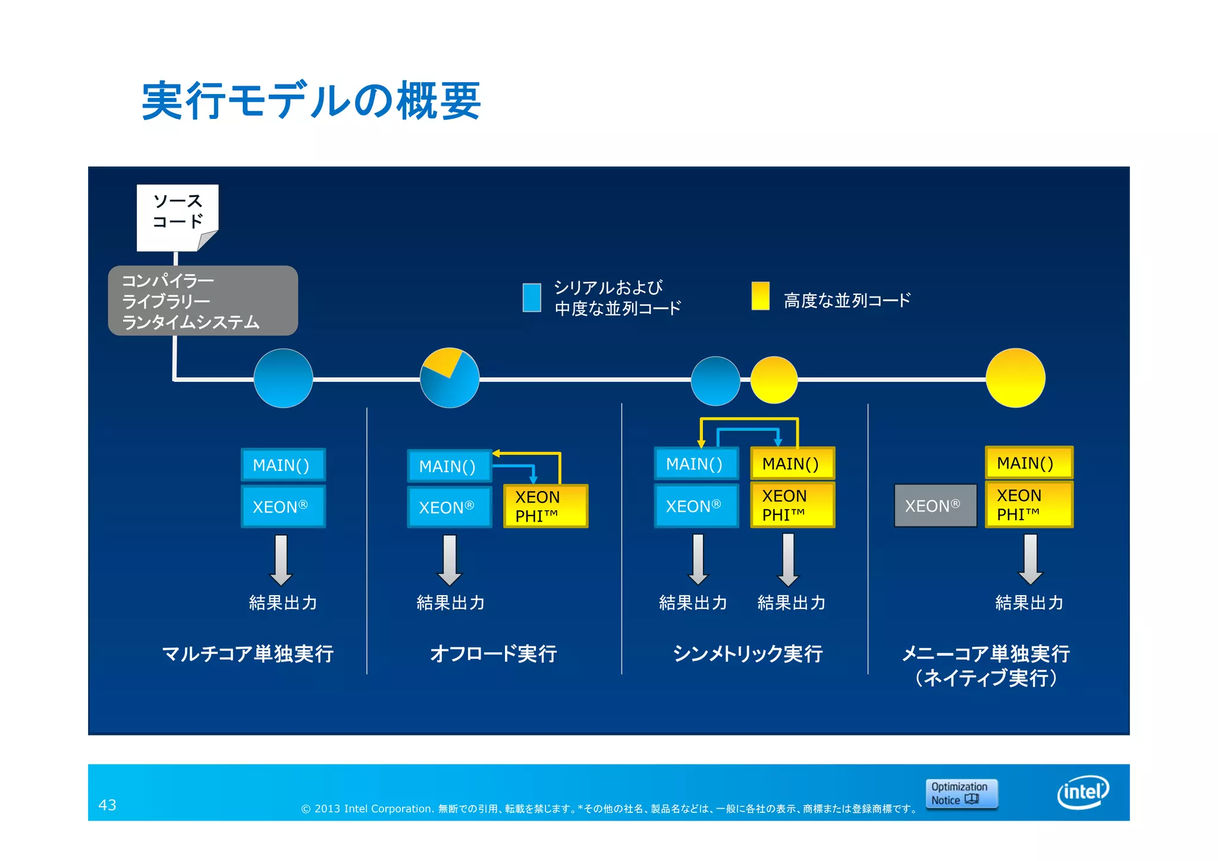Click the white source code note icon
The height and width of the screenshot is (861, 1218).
coord(177,217)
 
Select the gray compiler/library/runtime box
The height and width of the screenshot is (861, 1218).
coord(202,300)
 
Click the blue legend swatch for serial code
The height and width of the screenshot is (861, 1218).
coord(531,297)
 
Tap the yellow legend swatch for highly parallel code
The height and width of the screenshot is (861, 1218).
coord(760,296)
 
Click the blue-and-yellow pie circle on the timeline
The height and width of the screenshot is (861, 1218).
coord(450,378)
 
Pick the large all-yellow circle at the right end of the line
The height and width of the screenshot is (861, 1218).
coord(1015,378)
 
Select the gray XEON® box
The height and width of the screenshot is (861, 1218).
coord(935,505)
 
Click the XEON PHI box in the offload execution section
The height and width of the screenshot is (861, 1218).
coord(545,506)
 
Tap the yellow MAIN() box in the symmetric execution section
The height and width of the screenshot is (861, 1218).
coord(792,463)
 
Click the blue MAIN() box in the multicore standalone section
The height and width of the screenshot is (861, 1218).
coord(283,465)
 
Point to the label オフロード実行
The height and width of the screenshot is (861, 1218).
coord(493,653)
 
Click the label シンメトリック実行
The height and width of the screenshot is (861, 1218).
coord(748,653)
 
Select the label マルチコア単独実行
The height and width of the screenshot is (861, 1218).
coord(247,653)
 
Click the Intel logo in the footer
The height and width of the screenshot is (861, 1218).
coord(1083,792)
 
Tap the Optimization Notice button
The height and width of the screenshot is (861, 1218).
coord(961,793)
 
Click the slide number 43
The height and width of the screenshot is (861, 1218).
coord(107,805)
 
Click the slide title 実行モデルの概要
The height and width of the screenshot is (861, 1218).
coord(311,101)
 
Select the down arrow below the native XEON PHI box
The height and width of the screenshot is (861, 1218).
coord(1030,559)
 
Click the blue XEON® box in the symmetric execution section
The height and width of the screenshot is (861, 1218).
coord(696,506)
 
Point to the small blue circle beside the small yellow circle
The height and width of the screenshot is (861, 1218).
coord(715,381)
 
